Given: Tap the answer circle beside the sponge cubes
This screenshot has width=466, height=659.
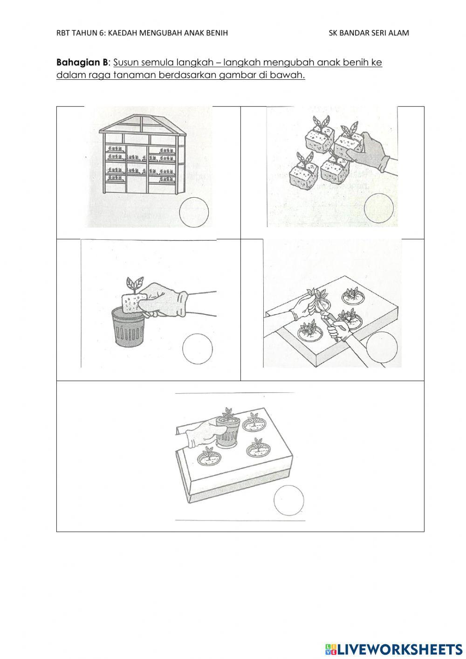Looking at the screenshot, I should tap(378, 208).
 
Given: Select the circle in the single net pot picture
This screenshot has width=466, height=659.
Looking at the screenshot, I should tap(197, 348).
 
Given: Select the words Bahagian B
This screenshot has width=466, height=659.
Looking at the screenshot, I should tap(82, 62).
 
